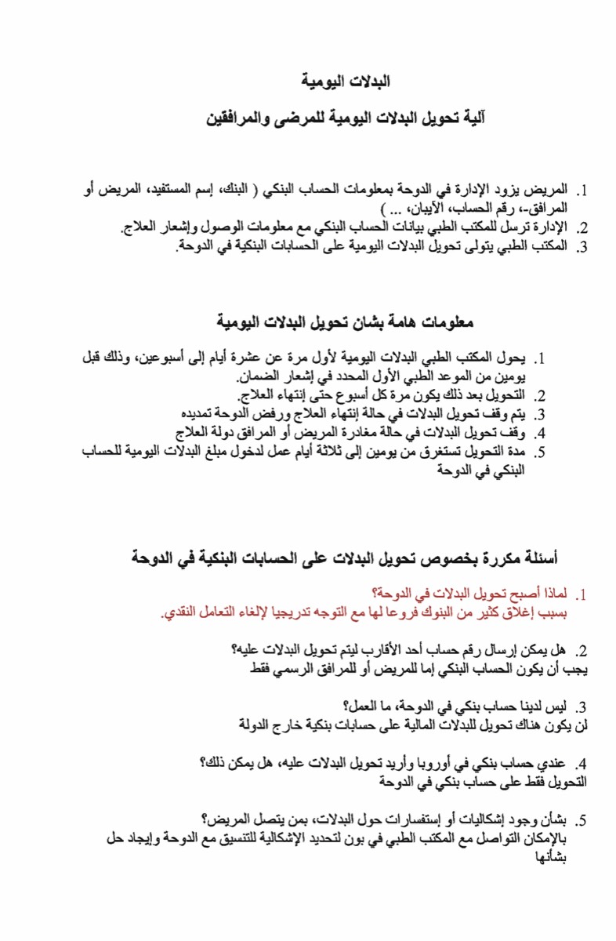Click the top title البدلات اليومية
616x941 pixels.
point(346,82)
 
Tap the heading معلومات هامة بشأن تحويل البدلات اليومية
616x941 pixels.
point(346,322)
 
